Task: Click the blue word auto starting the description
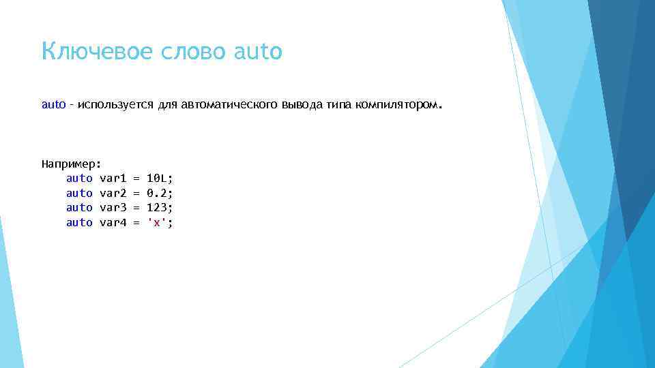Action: click(x=54, y=105)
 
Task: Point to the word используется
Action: click(x=117, y=106)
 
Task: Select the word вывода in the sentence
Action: click(x=301, y=106)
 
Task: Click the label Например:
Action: click(x=71, y=164)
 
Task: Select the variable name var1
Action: click(x=113, y=178)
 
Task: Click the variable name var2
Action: click(x=113, y=193)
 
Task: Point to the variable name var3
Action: click(x=113, y=207)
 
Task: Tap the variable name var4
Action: click(x=113, y=222)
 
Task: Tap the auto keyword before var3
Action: click(x=79, y=207)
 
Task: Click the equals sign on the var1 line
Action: click(x=136, y=178)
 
